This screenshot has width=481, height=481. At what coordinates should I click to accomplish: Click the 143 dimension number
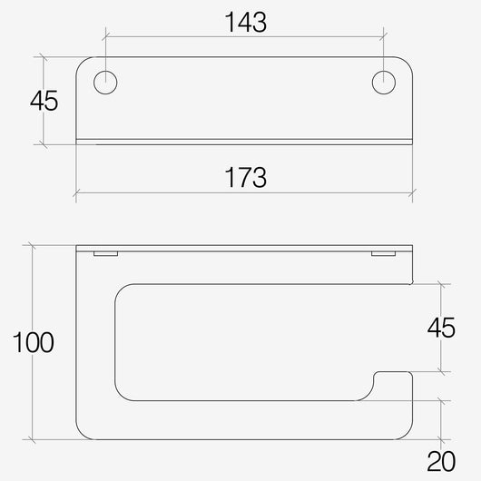(x=246, y=22)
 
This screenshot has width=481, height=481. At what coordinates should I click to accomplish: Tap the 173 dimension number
(x=246, y=177)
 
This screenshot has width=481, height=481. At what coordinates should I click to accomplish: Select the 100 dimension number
(x=34, y=342)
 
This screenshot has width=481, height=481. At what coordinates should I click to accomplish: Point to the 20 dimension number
(x=441, y=461)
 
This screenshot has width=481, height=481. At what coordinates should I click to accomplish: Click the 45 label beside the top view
(x=44, y=101)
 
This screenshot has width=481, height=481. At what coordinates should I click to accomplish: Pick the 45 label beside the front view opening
(x=441, y=328)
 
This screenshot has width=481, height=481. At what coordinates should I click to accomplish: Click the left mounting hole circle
(x=105, y=83)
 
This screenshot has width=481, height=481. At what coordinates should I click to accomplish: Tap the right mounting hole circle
(x=384, y=83)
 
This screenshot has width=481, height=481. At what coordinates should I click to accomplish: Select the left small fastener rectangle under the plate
(x=106, y=254)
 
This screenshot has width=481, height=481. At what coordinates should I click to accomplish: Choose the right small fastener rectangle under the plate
(x=384, y=254)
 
